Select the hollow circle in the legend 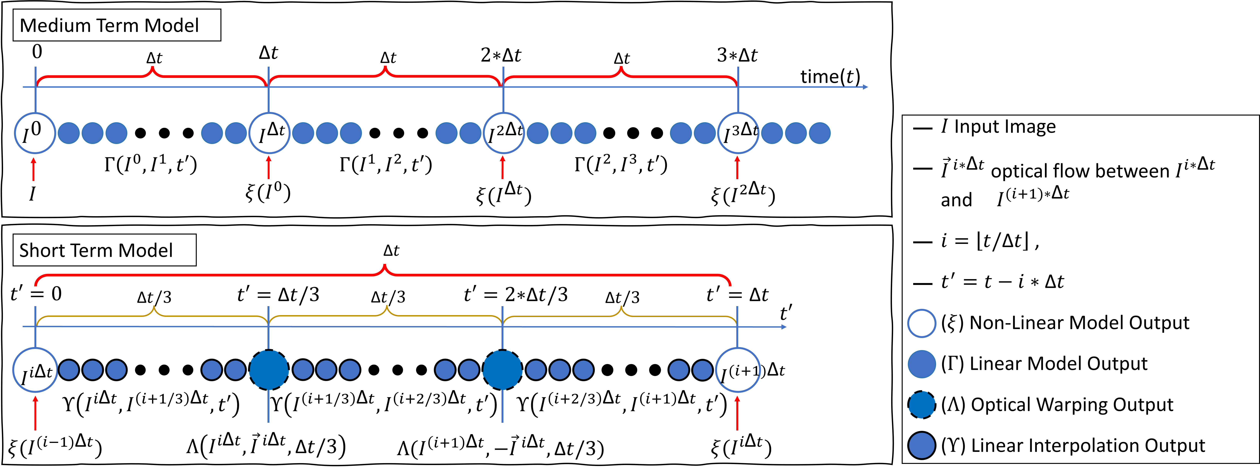922,324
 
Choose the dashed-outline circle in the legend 922,404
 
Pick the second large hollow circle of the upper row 270,133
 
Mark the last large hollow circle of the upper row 738,133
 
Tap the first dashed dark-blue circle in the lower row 269,370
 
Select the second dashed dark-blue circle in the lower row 502,370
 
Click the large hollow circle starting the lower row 35,370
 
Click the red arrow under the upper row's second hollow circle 268,167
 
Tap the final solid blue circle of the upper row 820,133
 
